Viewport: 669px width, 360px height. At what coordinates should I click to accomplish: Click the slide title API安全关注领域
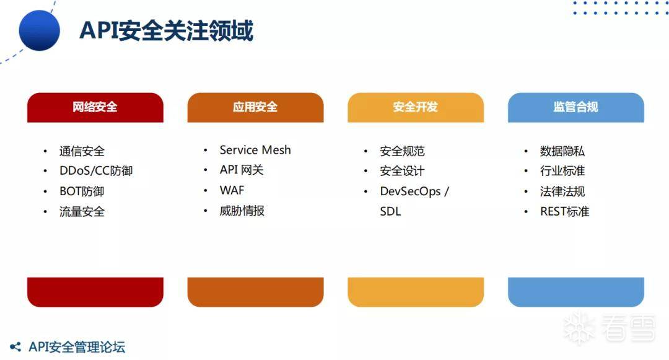pyautogui.click(x=167, y=30)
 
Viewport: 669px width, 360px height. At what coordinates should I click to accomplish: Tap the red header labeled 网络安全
pyautogui.click(x=95, y=107)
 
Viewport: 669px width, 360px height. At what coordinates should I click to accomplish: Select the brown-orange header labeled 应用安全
pyautogui.click(x=256, y=107)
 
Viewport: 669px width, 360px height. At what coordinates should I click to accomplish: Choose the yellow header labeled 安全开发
pyautogui.click(x=416, y=107)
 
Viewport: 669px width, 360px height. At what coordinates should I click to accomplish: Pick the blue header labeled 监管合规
pyautogui.click(x=576, y=107)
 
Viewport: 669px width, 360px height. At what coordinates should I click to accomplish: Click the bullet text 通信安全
pyautogui.click(x=82, y=151)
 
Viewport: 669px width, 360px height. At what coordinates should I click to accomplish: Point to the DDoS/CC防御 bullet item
pyautogui.click(x=96, y=170)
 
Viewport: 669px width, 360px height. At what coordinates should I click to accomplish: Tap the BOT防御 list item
pyautogui.click(x=82, y=191)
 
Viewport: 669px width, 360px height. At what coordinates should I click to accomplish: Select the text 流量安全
pyautogui.click(x=82, y=211)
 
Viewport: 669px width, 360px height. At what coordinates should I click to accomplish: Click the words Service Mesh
pyautogui.click(x=255, y=150)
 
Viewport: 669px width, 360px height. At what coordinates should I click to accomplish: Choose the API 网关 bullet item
pyautogui.click(x=242, y=170)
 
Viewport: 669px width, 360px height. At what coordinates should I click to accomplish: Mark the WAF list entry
pyautogui.click(x=232, y=190)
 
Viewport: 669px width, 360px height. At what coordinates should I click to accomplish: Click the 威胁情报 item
pyautogui.click(x=242, y=211)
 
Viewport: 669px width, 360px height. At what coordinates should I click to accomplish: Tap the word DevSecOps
pyautogui.click(x=410, y=191)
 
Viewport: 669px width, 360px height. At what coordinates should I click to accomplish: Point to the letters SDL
pyautogui.click(x=390, y=211)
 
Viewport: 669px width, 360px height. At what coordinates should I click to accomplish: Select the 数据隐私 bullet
pyautogui.click(x=562, y=151)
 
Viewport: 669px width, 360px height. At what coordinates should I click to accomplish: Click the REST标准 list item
pyautogui.click(x=564, y=211)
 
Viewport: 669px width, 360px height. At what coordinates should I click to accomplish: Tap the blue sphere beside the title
pyautogui.click(x=39, y=31)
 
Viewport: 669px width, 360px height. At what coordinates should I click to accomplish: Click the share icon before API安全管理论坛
pyautogui.click(x=15, y=347)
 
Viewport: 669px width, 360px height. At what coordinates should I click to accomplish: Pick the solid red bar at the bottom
pyautogui.click(x=95, y=292)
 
